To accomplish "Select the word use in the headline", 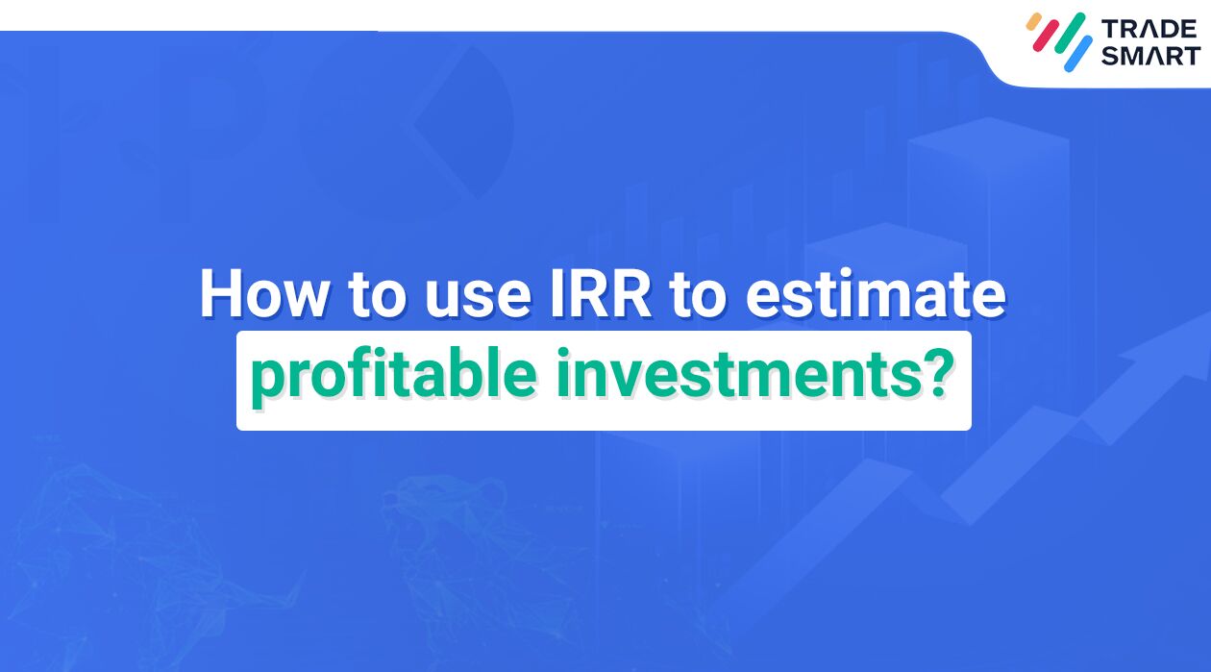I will click(x=471, y=293).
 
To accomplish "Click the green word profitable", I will click(x=392, y=377).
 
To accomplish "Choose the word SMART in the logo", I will click(x=1150, y=56).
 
